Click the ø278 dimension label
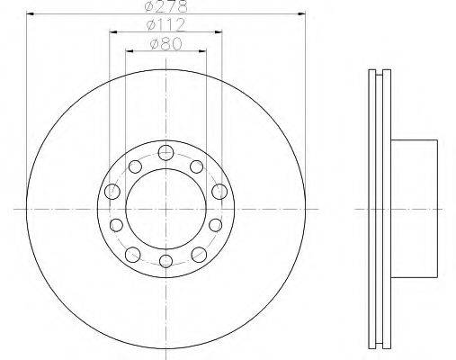pyautogui.click(x=165, y=6)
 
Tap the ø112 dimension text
pyautogui.click(x=165, y=25)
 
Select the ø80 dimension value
pyautogui.click(x=165, y=44)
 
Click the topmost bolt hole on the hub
pyautogui.click(x=165, y=152)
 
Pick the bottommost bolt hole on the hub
pyautogui.click(x=165, y=261)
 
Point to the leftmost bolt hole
pyautogui.click(x=112, y=192)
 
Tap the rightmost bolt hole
pyautogui.click(x=219, y=192)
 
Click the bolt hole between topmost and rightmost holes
pyautogui.click(x=197, y=166)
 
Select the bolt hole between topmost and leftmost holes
pyautogui.click(x=135, y=166)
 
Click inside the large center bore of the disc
pyautogui.click(x=165, y=209)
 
